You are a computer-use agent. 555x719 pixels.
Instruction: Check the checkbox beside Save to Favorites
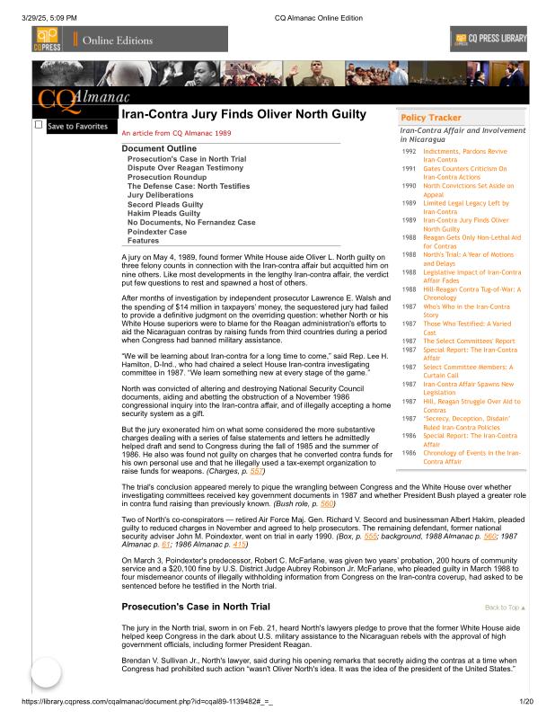[x=39, y=125]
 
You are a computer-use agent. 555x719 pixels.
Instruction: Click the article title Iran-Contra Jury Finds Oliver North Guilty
[x=242, y=115]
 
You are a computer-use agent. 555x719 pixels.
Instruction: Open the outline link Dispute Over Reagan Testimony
[x=185, y=168]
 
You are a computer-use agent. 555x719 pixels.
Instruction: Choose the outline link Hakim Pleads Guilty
[x=164, y=213]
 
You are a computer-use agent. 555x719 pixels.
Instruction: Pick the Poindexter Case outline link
[x=157, y=231]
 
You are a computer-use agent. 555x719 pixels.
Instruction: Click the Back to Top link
[x=505, y=608]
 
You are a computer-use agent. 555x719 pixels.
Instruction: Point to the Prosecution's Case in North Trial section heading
[x=196, y=607]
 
